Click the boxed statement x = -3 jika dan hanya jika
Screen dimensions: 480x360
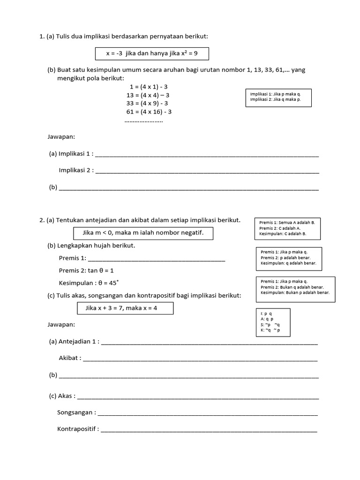[152, 53]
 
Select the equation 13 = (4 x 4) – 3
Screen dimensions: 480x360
[148, 95]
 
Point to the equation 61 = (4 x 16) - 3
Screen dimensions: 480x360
[149, 112]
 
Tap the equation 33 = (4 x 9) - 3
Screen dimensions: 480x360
[148, 103]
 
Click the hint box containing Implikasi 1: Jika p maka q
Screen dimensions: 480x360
[278, 97]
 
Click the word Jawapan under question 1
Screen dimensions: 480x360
[61, 137]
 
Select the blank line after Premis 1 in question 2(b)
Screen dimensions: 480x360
[157, 259]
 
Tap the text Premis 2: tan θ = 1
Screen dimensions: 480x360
[86, 270]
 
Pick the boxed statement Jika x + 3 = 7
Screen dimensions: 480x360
[125, 308]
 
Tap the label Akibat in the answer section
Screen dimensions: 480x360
[70, 358]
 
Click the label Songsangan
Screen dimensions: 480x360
[76, 412]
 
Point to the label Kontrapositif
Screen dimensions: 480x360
[78, 429]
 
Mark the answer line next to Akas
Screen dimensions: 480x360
[198, 397]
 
